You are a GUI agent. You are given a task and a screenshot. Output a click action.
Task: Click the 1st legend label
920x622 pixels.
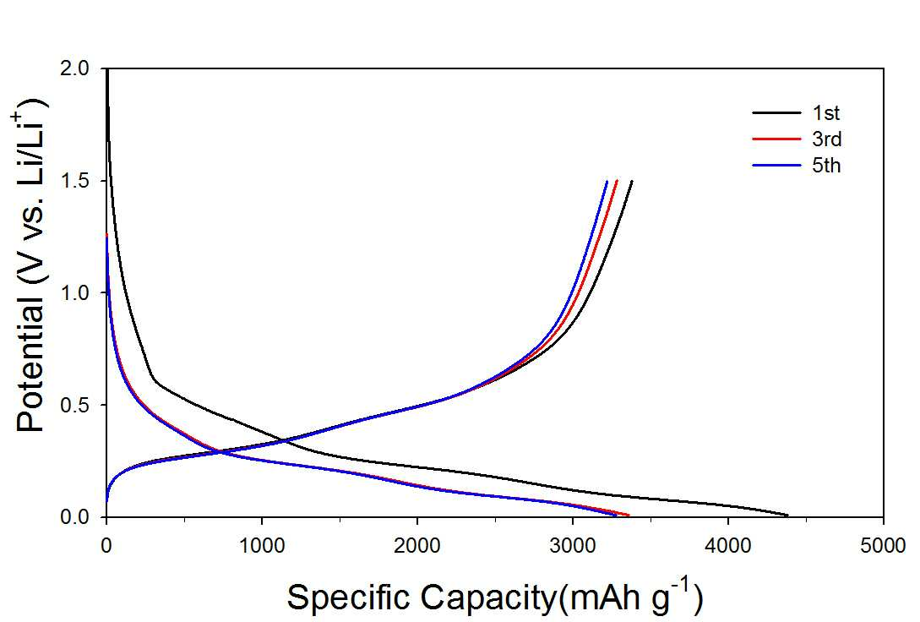[825, 112]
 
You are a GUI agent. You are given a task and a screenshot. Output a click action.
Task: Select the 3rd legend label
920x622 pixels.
[827, 139]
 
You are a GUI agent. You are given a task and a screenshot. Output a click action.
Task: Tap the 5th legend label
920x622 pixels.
[827, 166]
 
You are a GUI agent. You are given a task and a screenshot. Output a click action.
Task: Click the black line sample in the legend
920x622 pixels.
[776, 112]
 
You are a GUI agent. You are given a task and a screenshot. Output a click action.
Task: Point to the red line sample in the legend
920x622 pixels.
[776, 139]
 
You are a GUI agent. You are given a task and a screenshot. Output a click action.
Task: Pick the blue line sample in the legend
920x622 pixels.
[776, 166]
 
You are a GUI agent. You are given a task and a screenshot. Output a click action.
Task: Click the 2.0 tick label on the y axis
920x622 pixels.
[75, 68]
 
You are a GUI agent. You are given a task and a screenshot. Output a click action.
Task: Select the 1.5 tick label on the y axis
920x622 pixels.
[75, 181]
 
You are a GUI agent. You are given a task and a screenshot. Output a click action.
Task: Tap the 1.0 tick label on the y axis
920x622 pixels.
[75, 292]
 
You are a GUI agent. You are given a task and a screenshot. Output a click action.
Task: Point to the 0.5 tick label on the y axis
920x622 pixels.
[75, 405]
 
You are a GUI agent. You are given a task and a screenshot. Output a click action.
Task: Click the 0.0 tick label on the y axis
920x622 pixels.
[75, 517]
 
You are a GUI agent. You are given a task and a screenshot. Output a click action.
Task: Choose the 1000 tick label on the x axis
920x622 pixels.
[262, 546]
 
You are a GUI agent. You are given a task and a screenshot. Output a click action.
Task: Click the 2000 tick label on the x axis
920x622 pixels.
[417, 546]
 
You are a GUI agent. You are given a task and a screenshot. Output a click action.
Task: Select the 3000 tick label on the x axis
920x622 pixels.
[573, 546]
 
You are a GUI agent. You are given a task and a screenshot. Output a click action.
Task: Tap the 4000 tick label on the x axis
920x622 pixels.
[727, 546]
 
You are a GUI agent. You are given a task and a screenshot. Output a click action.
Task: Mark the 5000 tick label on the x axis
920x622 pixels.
[883, 546]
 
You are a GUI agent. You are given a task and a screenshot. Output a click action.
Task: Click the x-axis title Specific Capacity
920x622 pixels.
[421, 598]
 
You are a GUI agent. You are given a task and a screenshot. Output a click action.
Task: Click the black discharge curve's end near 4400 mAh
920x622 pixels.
[788, 516]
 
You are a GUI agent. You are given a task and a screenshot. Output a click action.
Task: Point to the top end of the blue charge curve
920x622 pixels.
[607, 182]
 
